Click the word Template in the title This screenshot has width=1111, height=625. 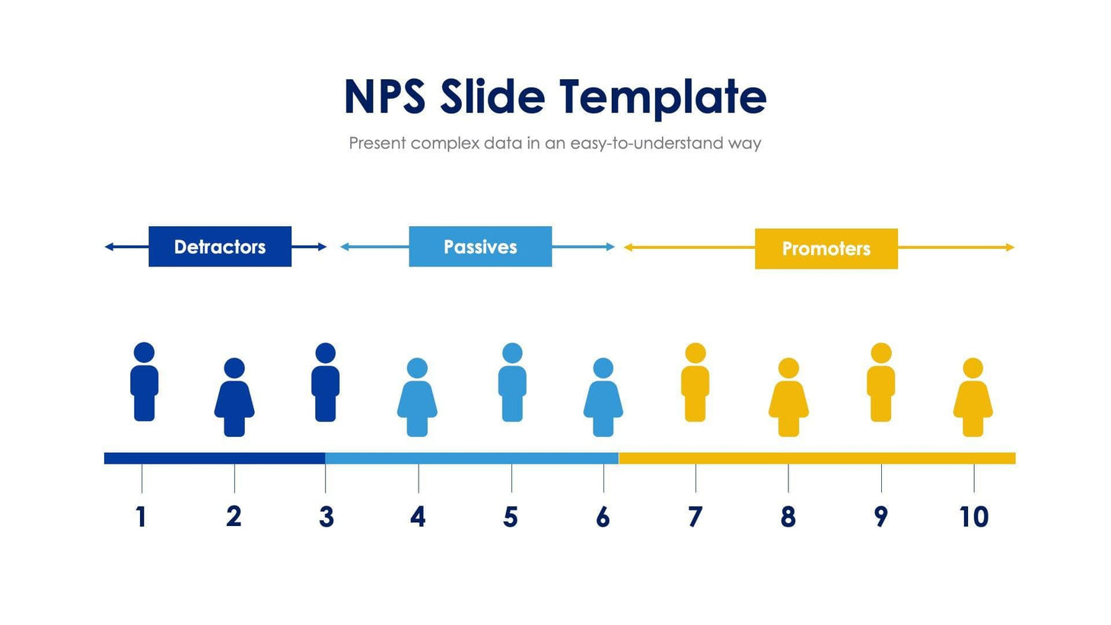[662, 97]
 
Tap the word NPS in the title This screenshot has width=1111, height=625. [384, 97]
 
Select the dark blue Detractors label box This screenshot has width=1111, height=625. [220, 247]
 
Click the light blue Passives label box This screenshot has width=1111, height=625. [480, 247]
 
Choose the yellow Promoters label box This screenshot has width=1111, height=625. [826, 249]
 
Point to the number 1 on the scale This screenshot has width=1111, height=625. [141, 517]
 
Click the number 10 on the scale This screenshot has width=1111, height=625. [973, 517]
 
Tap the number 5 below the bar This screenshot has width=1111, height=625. [511, 517]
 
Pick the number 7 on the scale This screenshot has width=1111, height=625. [695, 517]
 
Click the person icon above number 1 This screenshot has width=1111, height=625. [144, 384]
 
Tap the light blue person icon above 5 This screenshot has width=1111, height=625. [512, 384]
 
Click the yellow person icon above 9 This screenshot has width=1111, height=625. [881, 384]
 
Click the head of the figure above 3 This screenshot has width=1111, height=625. [326, 353]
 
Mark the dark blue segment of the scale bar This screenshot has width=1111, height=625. [215, 458]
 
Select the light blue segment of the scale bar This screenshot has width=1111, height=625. [472, 458]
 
